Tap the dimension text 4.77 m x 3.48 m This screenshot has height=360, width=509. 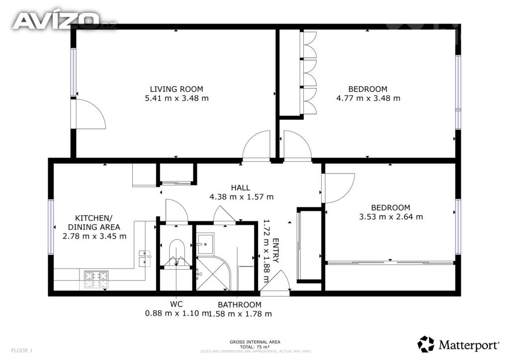click(368, 98)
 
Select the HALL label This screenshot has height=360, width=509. click(241, 187)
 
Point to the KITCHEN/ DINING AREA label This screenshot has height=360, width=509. click(94, 222)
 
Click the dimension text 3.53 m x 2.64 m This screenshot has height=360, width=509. click(391, 217)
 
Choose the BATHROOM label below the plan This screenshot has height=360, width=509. click(239, 304)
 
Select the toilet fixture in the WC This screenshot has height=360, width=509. click(176, 251)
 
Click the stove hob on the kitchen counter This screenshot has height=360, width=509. click(96, 279)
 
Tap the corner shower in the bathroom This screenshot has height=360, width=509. click(213, 273)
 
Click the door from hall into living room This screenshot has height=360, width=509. click(256, 146)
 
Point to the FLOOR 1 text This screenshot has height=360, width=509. click(21, 351)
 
